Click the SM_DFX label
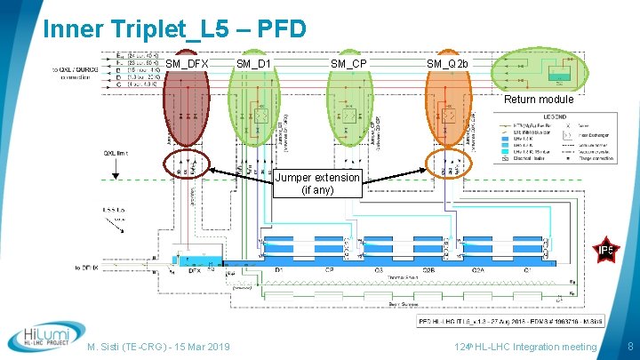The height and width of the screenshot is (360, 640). click(187, 64)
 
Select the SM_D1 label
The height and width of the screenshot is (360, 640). click(253, 64)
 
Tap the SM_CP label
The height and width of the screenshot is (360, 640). click(348, 64)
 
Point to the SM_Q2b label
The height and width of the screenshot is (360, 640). click(447, 64)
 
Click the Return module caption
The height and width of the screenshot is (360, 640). click(540, 100)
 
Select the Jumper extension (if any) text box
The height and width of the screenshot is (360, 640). click(318, 183)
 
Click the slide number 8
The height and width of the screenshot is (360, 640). click(629, 345)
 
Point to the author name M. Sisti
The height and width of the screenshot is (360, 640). click(106, 347)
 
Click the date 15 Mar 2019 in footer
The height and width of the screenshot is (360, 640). click(202, 347)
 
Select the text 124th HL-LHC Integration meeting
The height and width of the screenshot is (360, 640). click(525, 347)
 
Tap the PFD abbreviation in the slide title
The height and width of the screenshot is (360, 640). click(278, 28)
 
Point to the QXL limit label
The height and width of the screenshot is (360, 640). click(117, 152)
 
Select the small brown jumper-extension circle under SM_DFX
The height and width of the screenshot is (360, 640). click(187, 165)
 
